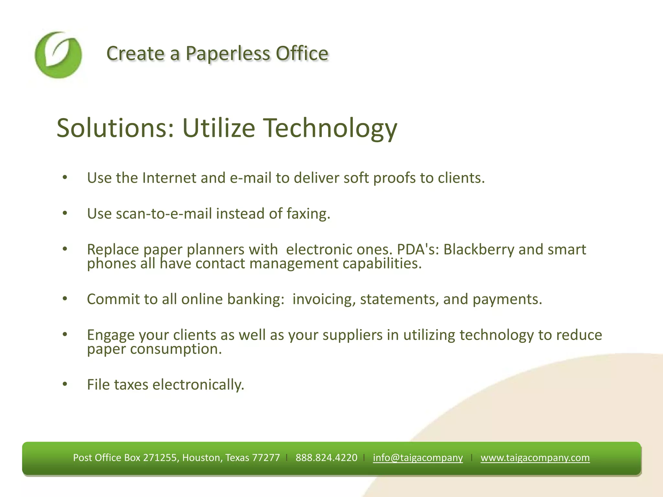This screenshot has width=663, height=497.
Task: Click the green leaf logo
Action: click(58, 55)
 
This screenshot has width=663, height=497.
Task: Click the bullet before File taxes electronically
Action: click(65, 384)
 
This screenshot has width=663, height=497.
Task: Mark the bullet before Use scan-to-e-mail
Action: click(65, 213)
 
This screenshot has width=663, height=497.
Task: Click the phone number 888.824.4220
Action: click(326, 458)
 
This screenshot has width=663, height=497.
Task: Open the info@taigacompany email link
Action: click(418, 458)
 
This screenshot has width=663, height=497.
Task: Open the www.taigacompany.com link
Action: click(535, 458)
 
